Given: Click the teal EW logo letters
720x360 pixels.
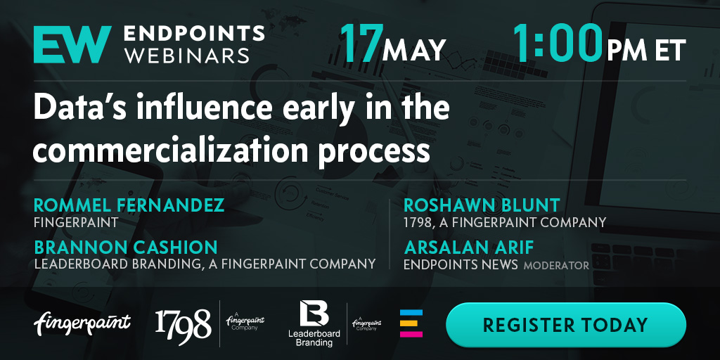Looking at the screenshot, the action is point(72,44).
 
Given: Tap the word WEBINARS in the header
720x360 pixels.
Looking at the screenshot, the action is point(187,55).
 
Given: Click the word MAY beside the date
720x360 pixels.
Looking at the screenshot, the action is point(414,50).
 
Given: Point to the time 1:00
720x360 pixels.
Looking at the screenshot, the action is point(558,43).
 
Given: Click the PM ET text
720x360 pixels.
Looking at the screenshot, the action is point(646,50).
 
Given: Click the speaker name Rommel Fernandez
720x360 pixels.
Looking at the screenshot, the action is point(129,205).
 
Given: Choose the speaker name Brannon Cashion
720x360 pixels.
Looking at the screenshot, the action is point(126,248).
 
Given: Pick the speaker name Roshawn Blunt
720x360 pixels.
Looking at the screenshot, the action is point(482,205).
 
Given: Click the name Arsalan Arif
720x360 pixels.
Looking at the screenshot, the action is point(469,248).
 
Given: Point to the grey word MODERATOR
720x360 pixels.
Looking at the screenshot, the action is point(557,265).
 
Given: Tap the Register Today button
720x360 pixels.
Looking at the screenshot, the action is point(566,325).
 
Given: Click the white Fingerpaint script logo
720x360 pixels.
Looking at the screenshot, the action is point(82,323).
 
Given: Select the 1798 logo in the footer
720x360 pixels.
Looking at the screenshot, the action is point(184,323).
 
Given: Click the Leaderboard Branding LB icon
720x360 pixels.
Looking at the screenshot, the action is point(314,313).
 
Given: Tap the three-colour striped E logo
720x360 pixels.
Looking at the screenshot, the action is point(411,323).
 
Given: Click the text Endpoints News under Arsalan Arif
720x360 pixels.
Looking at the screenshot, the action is point(461,264).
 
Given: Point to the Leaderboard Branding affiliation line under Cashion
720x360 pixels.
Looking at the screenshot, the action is point(205,264).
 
